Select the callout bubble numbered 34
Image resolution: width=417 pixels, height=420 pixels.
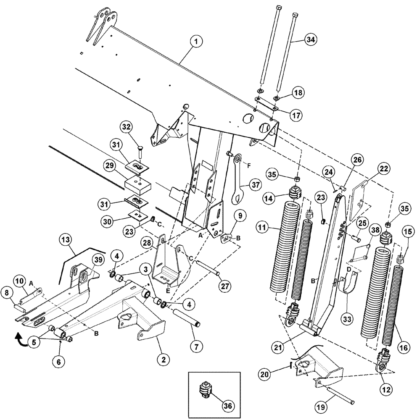pyautogui.click(x=311, y=39)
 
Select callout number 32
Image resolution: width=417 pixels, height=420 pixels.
pyautogui.click(x=127, y=126)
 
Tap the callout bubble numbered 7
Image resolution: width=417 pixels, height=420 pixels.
pyautogui.click(x=196, y=346)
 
